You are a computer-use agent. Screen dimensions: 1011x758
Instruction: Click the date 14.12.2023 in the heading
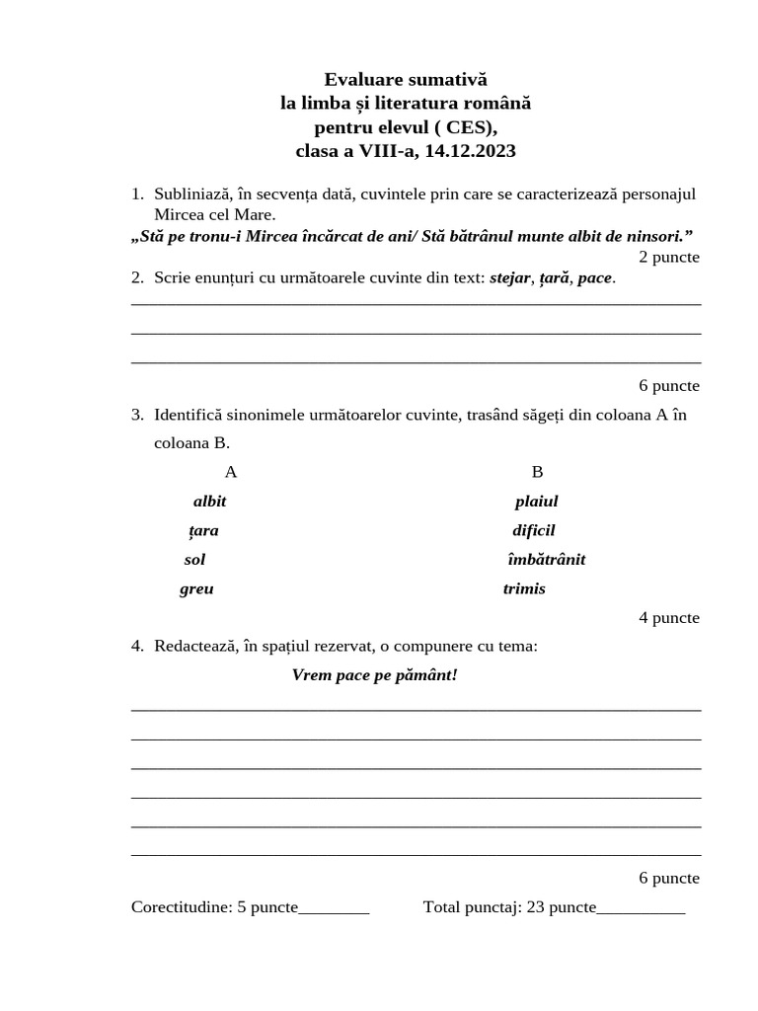click(470, 151)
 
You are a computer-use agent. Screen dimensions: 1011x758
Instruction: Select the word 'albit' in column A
click(209, 502)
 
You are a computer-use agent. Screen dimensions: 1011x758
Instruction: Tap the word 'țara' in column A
click(203, 531)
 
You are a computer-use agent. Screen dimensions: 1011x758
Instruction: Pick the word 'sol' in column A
click(194, 560)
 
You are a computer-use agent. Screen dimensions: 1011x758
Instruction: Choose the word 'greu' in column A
click(196, 589)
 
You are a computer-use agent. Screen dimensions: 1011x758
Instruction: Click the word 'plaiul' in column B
click(536, 502)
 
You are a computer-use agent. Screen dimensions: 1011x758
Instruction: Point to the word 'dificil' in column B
click(534, 531)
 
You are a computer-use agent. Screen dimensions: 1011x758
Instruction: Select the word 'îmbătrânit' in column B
click(546, 560)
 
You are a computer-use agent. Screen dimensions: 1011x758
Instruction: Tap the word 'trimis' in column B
click(524, 589)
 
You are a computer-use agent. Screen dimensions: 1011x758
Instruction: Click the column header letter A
click(231, 472)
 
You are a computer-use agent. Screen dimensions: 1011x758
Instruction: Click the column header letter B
click(537, 472)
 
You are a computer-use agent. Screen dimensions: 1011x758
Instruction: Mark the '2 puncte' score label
click(668, 258)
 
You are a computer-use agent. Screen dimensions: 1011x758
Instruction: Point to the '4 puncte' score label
click(668, 618)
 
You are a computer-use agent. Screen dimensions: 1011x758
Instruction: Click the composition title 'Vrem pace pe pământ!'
click(375, 675)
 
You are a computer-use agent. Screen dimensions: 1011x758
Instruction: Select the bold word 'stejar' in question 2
click(510, 278)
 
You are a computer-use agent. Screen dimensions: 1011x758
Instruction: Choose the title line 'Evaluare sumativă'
click(406, 79)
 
